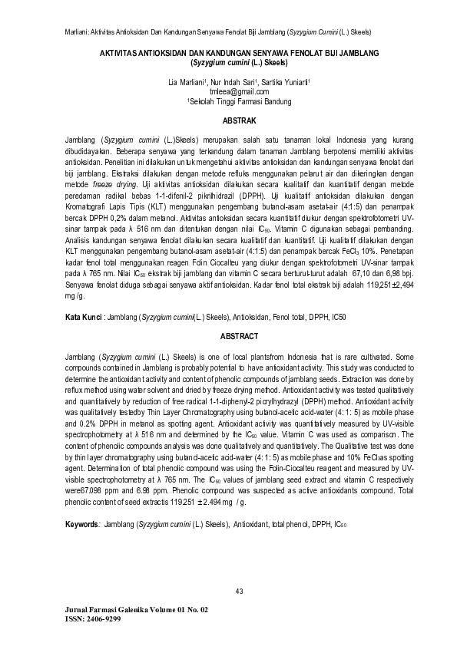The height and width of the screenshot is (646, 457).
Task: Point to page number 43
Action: (239, 589)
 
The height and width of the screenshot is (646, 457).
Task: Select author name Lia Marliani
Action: (187, 81)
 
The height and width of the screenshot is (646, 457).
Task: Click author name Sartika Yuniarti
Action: (285, 81)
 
